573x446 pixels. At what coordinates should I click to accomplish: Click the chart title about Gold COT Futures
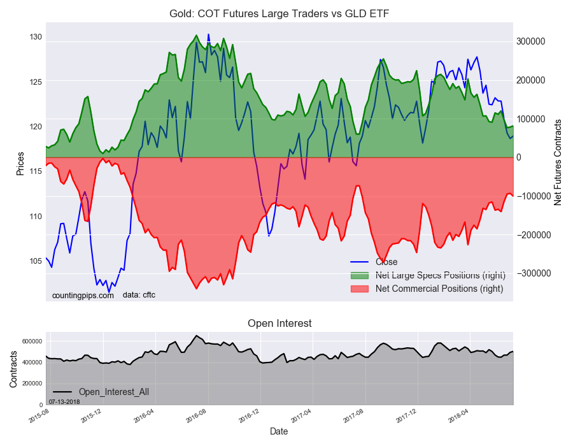(x=278, y=13)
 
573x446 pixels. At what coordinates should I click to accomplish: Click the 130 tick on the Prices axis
(x=35, y=37)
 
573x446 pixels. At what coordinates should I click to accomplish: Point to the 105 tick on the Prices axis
(x=35, y=261)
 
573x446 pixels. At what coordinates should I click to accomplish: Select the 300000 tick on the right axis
(x=530, y=41)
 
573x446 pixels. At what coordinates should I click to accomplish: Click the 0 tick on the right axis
(x=519, y=157)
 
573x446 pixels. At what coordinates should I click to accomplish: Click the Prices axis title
(x=20, y=164)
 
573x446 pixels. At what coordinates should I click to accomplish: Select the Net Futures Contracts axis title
(x=558, y=162)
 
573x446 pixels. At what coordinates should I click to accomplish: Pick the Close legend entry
(x=386, y=262)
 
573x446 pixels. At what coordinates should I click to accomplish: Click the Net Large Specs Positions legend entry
(x=440, y=275)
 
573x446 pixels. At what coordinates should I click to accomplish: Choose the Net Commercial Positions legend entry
(x=439, y=289)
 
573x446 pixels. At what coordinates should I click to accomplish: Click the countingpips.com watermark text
(x=83, y=295)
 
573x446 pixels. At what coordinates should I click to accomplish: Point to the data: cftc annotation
(x=139, y=295)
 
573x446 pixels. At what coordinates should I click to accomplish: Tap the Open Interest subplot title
(x=279, y=324)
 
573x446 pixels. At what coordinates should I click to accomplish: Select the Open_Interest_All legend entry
(x=113, y=391)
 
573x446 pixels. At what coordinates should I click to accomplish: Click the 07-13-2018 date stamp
(x=64, y=401)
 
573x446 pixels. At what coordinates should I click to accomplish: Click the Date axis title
(x=279, y=431)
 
